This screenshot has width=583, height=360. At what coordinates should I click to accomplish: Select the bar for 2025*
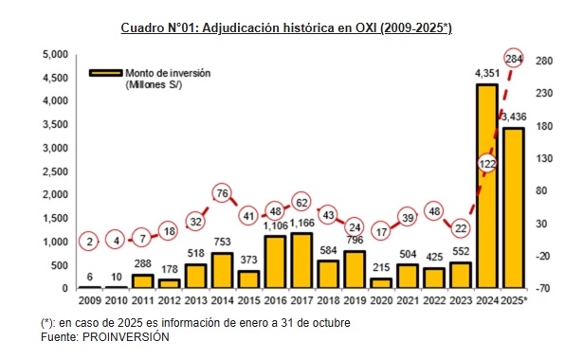pyautogui.click(x=514, y=207)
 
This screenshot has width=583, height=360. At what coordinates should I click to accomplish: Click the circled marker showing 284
pyautogui.click(x=515, y=59)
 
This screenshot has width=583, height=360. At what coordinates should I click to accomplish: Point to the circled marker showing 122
pyautogui.click(x=488, y=164)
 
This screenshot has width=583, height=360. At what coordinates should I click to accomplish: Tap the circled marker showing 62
pyautogui.click(x=301, y=202)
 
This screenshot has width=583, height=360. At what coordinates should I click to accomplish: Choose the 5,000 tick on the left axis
pyautogui.click(x=55, y=54)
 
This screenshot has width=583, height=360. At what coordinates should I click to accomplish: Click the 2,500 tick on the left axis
pyautogui.click(x=55, y=171)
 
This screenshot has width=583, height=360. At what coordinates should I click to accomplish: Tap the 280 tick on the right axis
pyautogui.click(x=543, y=59)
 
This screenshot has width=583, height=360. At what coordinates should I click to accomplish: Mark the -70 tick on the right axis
pyautogui.click(x=543, y=288)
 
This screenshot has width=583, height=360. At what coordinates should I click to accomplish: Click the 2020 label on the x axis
pyautogui.click(x=380, y=302)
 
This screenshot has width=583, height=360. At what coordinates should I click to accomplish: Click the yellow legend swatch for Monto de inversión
pyautogui.click(x=105, y=72)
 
